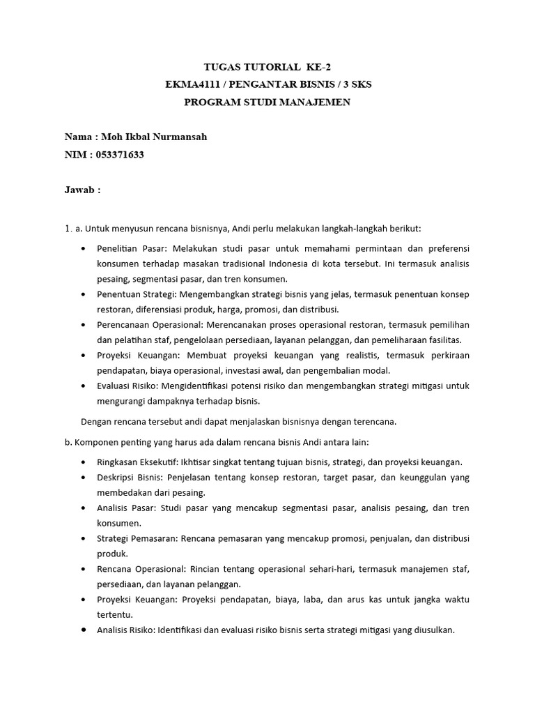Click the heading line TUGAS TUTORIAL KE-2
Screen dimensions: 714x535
[x=267, y=68]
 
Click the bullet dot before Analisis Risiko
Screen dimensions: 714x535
[x=84, y=630]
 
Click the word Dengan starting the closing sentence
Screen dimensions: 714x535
[x=96, y=421]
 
